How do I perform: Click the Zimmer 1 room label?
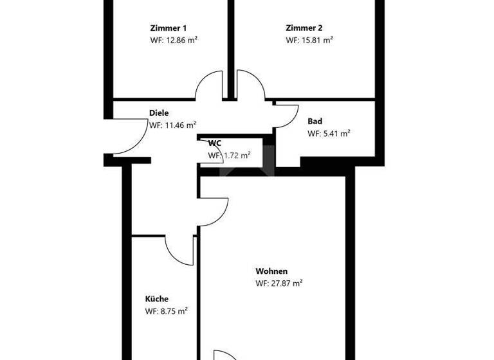pyautogui.click(x=168, y=28)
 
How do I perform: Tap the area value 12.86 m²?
pyautogui.click(x=172, y=40)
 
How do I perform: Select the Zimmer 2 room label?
pyautogui.click(x=304, y=28)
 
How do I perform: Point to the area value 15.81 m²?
pyautogui.click(x=309, y=40)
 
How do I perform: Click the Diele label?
pyautogui.click(x=159, y=113)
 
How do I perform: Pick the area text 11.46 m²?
pyautogui.click(x=172, y=125)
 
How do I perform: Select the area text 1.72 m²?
pyautogui.click(x=229, y=155)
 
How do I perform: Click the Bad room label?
pyautogui.click(x=315, y=122)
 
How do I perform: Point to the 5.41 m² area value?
pyautogui.click(x=328, y=134)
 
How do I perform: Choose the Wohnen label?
pyautogui.click(x=271, y=271)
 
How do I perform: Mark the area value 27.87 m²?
pyautogui.click(x=279, y=283)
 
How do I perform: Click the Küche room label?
pyautogui.click(x=157, y=299)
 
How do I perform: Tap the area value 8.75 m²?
pyautogui.click(x=166, y=311)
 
